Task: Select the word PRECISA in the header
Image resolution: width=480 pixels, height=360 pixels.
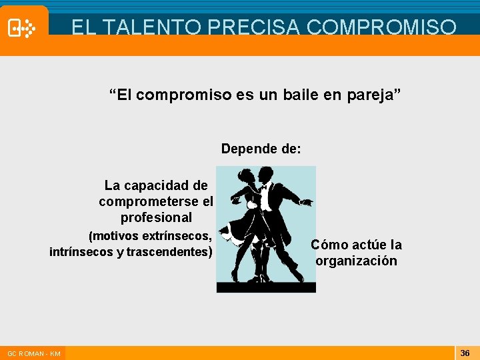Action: tap(251, 27)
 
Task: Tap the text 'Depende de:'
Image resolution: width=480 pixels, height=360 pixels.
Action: tap(261, 149)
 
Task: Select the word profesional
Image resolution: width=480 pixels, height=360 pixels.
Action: tap(156, 217)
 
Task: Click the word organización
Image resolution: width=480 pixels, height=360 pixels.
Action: tap(357, 261)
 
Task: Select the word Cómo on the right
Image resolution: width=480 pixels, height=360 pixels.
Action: tap(329, 245)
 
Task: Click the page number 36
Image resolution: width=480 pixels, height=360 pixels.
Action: tap(465, 353)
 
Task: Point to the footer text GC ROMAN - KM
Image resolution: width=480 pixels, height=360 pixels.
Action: tap(34, 353)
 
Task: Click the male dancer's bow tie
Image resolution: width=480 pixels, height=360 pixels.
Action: tap(264, 187)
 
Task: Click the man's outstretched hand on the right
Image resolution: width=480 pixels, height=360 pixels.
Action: tap(307, 202)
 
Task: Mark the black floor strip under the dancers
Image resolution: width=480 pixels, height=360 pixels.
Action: tap(266, 287)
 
